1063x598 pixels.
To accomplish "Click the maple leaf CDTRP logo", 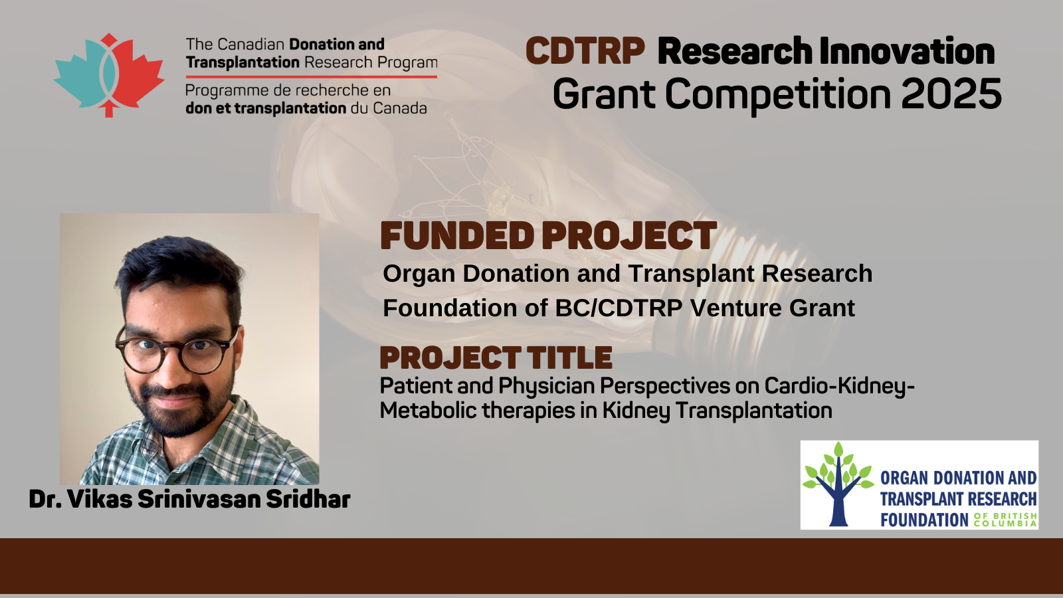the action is [x=109, y=75].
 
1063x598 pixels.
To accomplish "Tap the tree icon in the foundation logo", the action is [x=838, y=484].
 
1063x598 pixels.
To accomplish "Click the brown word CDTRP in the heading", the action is [x=585, y=51].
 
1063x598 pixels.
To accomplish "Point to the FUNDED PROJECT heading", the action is [x=549, y=235].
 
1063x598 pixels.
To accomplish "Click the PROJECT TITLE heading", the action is [x=496, y=358].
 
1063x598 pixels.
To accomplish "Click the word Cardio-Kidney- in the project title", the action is [x=839, y=387].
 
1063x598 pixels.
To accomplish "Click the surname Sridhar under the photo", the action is [x=308, y=499].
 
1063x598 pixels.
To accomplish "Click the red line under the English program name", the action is [x=312, y=76].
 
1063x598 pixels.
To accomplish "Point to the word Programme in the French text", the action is [x=225, y=91].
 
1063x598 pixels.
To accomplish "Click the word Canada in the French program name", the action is [x=399, y=108].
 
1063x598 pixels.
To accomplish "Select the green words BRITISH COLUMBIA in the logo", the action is [x=1006, y=520].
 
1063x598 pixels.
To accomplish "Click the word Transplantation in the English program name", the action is [x=242, y=62].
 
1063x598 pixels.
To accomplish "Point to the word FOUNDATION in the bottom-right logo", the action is [x=924, y=520].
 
